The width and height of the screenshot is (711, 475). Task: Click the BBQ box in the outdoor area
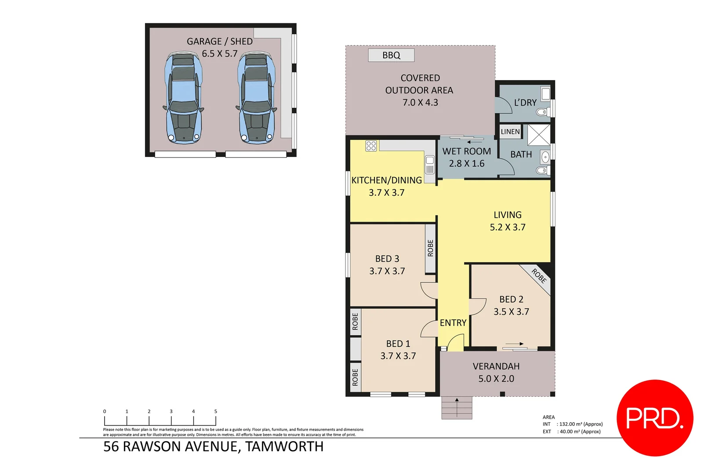click(x=391, y=55)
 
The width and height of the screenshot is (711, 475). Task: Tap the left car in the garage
click(x=183, y=99)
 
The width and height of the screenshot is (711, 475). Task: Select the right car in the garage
click(x=257, y=99)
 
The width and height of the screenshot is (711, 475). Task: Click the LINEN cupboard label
click(x=510, y=132)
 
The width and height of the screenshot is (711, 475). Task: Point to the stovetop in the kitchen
click(x=371, y=146)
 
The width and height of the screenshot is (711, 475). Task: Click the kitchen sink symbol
click(x=430, y=164)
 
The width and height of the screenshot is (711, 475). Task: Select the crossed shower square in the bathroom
click(x=539, y=135)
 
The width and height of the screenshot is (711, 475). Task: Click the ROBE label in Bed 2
click(x=539, y=276)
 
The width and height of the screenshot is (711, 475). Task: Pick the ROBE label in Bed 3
click(x=430, y=248)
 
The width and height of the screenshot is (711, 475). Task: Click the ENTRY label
click(x=453, y=323)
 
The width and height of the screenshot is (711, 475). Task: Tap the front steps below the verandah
click(x=457, y=408)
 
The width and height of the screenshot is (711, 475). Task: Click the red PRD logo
click(x=655, y=418)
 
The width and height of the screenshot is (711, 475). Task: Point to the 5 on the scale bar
click(x=215, y=412)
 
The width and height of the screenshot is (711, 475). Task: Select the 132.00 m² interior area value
click(x=580, y=424)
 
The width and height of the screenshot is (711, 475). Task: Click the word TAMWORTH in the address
click(x=284, y=447)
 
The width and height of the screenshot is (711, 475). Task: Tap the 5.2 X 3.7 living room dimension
click(x=508, y=227)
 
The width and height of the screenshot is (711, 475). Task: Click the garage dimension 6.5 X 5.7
click(x=220, y=54)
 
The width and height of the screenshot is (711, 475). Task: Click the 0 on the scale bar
click(x=105, y=412)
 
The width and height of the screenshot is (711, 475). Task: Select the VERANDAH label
click(x=496, y=366)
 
